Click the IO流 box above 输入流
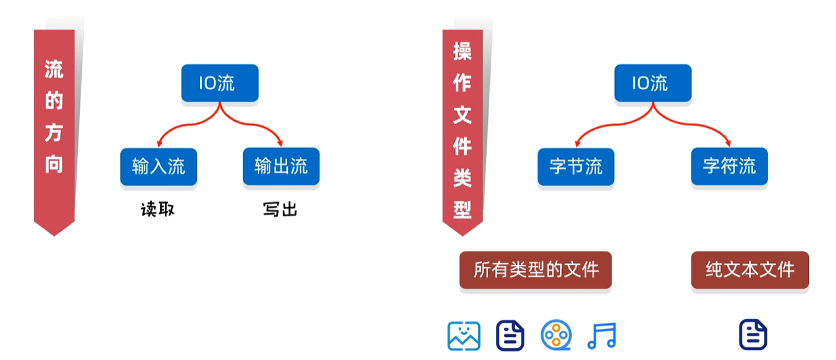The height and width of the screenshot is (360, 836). point(219,83)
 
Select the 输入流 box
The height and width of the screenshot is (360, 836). point(158,166)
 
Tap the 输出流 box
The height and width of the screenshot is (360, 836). point(281,166)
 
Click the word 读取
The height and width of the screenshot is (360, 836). point(158,210)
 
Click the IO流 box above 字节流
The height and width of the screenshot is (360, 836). point(652,83)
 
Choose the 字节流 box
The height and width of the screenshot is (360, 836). point(576,166)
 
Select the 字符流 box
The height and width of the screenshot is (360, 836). point(729,166)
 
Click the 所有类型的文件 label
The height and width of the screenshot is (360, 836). point(536,270)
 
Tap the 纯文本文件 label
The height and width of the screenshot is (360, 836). point(749,270)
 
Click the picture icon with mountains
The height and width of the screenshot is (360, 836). point(464,336)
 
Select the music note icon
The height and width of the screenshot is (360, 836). point(601,336)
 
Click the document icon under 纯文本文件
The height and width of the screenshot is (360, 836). point(753,336)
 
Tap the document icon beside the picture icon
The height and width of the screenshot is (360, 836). point(510,336)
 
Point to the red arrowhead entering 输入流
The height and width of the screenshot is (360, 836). point(159,143)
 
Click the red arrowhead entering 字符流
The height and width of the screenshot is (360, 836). point(728,143)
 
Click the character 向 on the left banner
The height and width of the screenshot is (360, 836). point(54,164)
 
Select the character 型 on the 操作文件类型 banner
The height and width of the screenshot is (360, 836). point(462,209)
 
